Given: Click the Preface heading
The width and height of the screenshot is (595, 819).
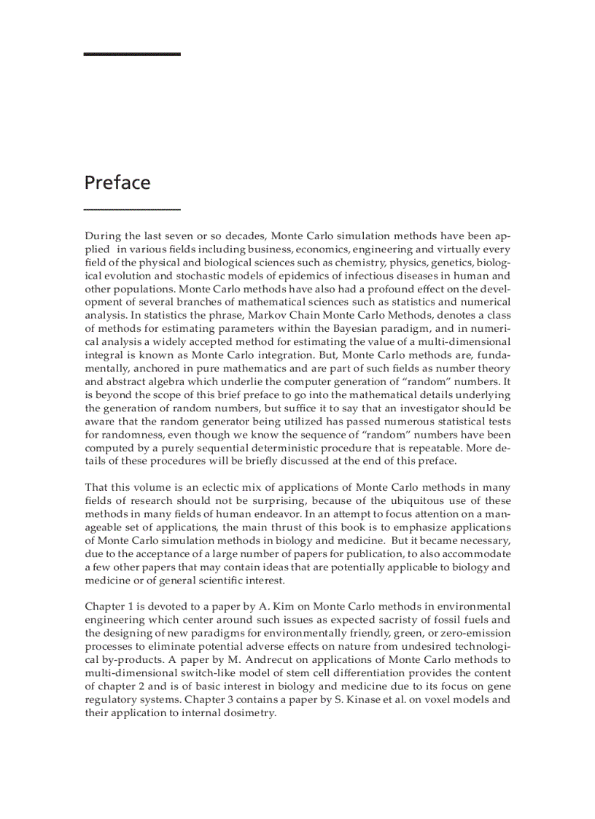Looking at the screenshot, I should pos(117,182).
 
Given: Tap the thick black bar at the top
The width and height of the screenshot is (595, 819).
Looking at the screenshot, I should pos(132,54).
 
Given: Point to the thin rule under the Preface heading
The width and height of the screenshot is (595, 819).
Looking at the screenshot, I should pos(132,210).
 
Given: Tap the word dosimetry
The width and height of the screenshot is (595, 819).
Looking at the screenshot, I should pos(252,713).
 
